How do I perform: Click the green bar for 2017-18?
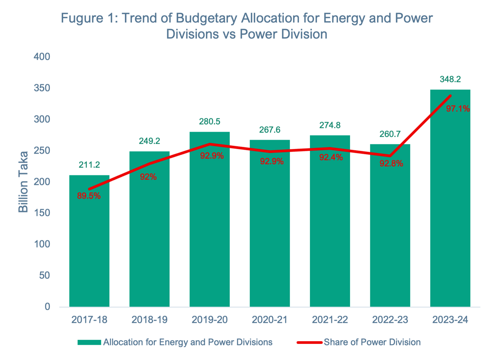click(89, 241)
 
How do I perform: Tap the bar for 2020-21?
click(270, 233)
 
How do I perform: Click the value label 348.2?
click(450, 80)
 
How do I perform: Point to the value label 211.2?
click(89, 166)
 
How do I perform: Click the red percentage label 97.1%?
click(458, 108)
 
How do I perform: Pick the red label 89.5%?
click(89, 196)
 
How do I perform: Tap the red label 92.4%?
click(331, 157)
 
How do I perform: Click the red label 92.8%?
click(391, 164)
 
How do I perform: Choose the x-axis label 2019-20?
click(209, 320)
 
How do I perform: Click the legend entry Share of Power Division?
click(372, 342)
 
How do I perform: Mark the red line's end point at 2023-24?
click(450, 96)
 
